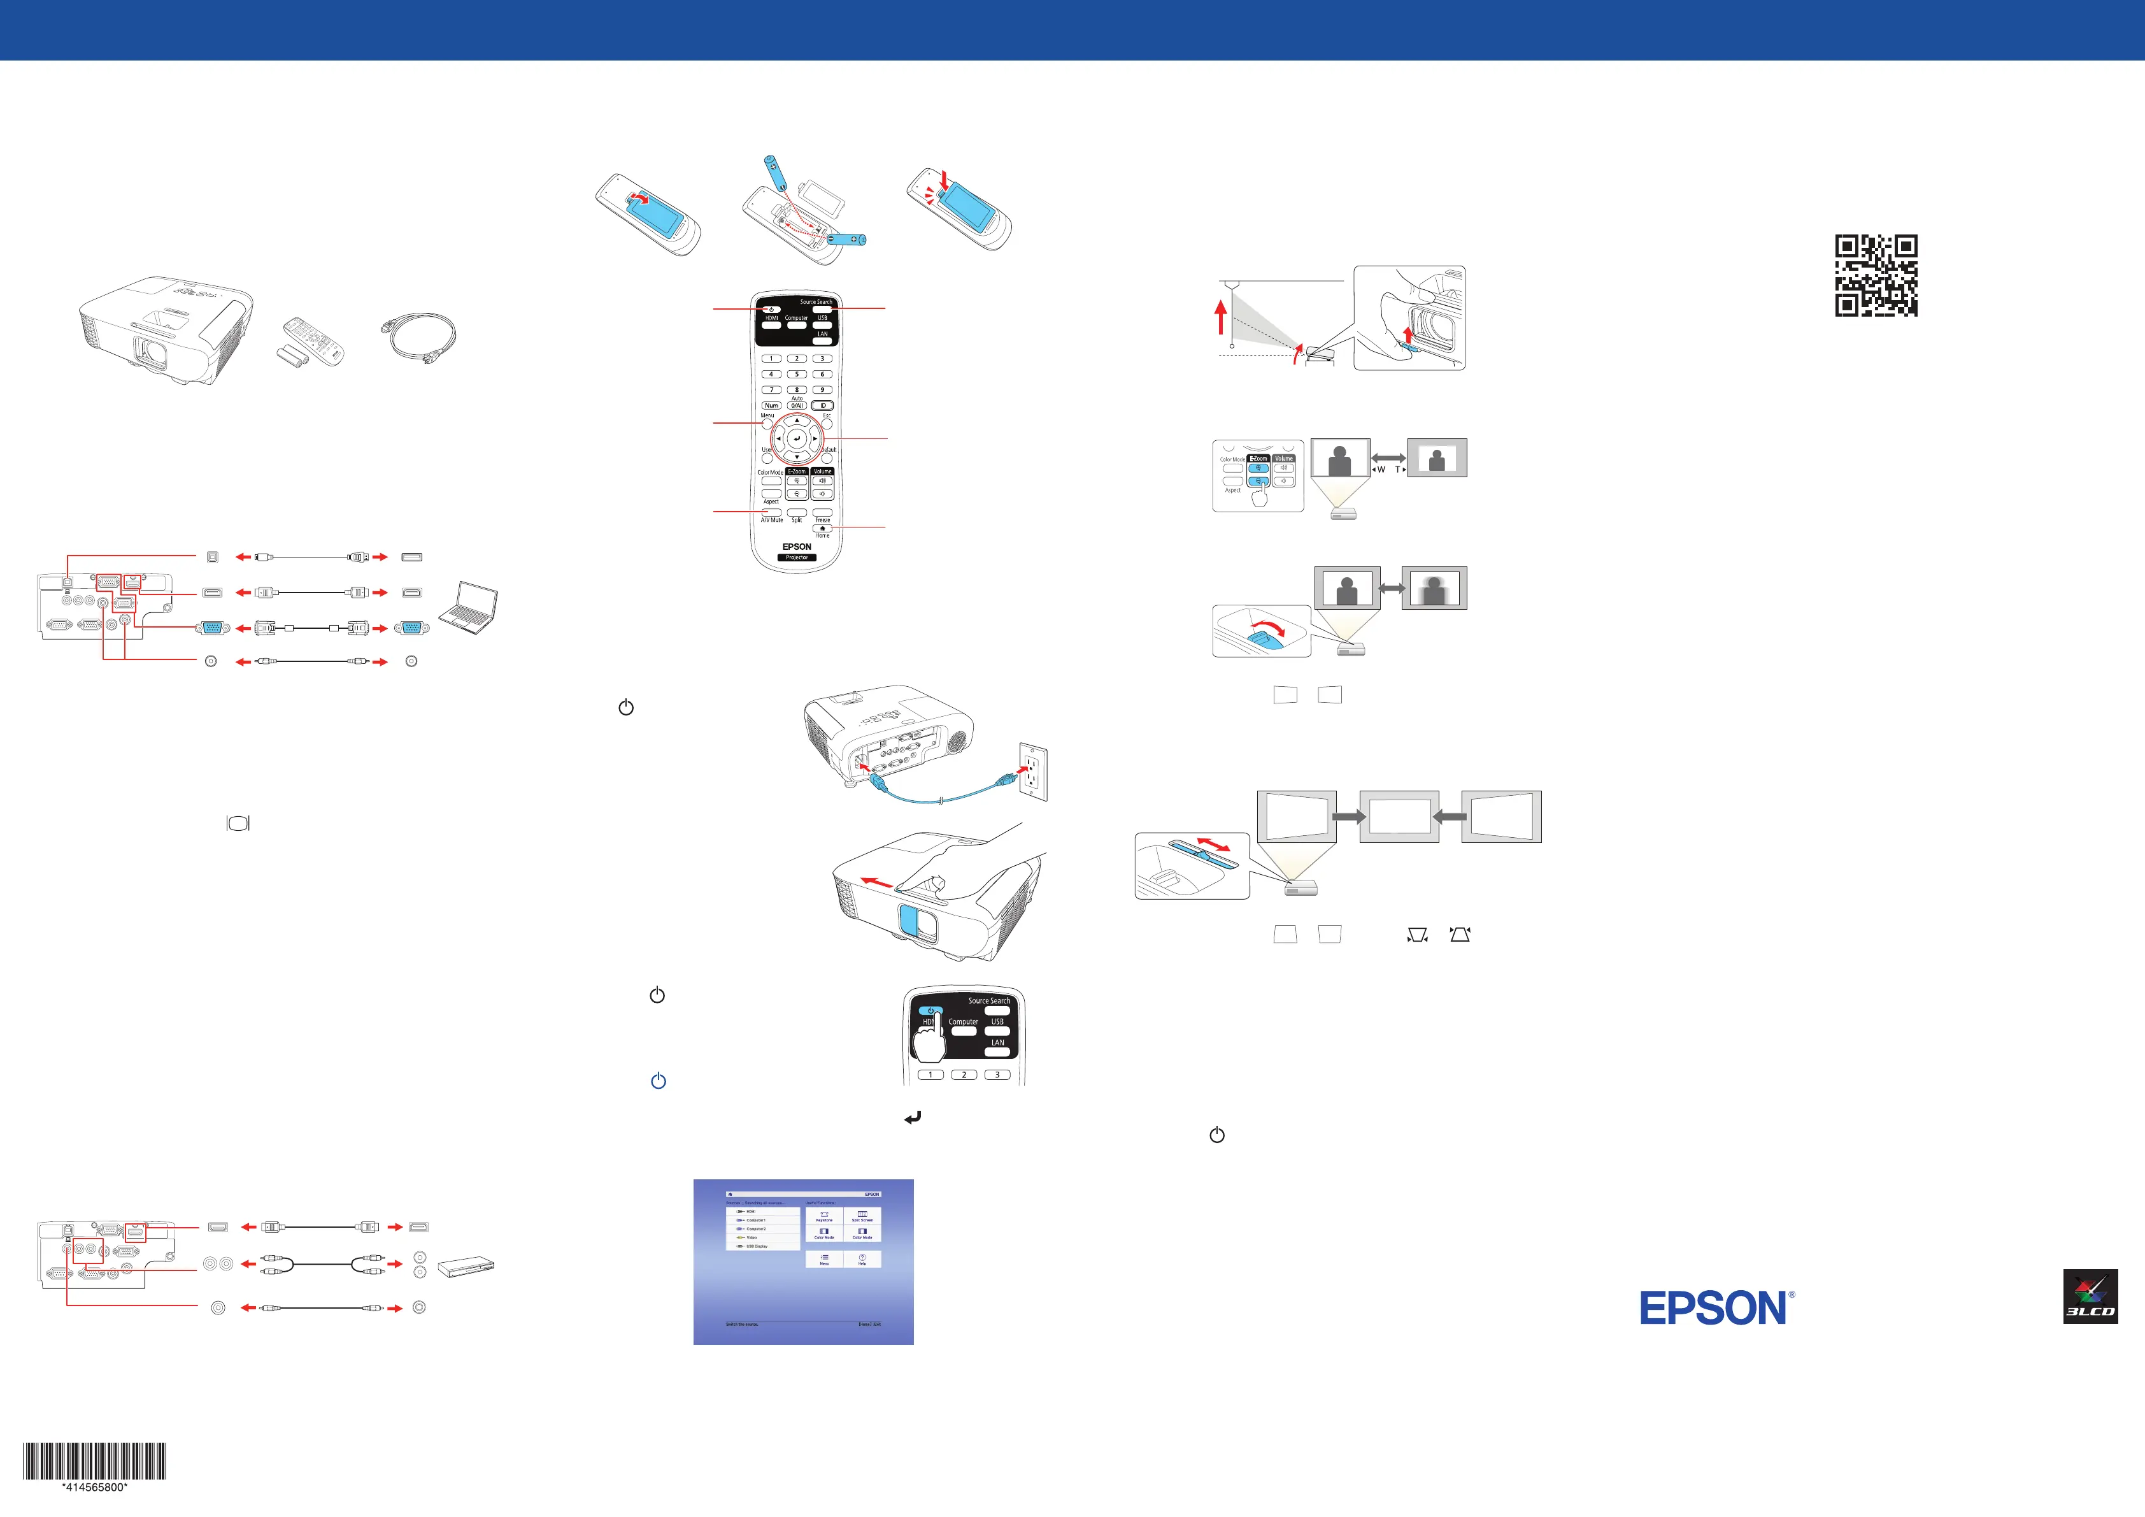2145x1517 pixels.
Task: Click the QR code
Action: click(1876, 276)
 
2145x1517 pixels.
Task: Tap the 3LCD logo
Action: click(2090, 1297)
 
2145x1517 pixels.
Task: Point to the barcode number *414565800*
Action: click(94, 1487)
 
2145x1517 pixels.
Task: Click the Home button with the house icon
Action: click(822, 529)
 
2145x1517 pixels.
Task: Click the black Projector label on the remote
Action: click(797, 557)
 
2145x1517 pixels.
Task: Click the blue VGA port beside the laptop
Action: click(411, 628)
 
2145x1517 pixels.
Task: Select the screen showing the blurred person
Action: click(1434, 588)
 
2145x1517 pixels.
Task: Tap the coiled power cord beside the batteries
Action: click(418, 338)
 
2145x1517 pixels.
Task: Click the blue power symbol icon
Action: click(659, 1081)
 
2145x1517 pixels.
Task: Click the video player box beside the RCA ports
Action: click(466, 1267)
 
